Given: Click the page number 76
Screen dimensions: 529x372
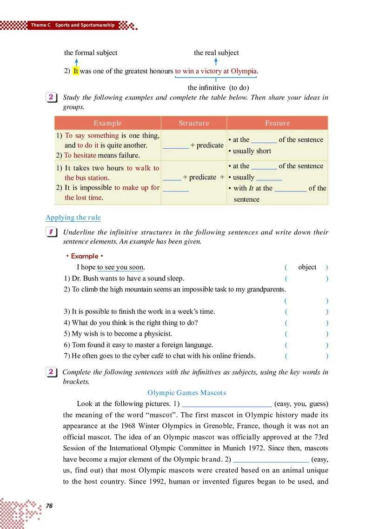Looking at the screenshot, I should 49,506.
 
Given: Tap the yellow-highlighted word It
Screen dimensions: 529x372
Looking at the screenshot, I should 76,71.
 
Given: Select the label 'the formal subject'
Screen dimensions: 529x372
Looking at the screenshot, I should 91,53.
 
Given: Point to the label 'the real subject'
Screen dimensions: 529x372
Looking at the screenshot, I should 216,53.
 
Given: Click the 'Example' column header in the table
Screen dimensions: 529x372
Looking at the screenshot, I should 107,123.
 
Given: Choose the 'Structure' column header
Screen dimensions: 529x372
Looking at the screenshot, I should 194,123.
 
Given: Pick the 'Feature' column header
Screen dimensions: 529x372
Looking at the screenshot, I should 277,123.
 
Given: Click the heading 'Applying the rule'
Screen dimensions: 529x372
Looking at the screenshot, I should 73,218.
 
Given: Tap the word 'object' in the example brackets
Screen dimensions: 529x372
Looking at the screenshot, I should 307,267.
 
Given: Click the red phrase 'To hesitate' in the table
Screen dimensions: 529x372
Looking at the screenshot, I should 81,156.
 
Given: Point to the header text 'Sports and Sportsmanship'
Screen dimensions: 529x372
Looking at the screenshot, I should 85,25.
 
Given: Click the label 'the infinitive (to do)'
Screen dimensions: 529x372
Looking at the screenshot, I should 218,87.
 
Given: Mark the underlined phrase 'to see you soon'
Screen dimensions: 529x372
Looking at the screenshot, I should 120,267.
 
